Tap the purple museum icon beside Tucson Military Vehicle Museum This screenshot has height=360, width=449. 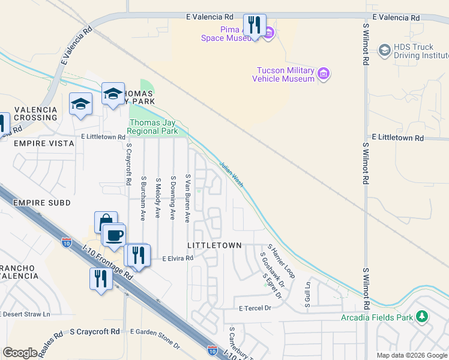tap(324, 74)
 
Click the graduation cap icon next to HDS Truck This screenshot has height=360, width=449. tap(384, 50)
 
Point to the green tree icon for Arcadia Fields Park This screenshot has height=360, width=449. tap(423, 316)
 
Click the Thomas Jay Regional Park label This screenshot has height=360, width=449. tap(153, 127)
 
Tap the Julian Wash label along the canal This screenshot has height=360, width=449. tap(231, 174)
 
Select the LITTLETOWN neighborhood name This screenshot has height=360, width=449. tap(214, 245)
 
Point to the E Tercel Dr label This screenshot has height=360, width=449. tap(255, 308)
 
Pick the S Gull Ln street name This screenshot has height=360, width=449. tap(307, 294)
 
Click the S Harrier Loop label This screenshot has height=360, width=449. tap(282, 260)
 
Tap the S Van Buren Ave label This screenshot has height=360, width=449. tap(188, 197)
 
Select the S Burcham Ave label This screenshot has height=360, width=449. tap(143, 198)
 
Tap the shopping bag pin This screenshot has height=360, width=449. tap(106, 221)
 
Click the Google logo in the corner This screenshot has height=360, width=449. tap(20, 352)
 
